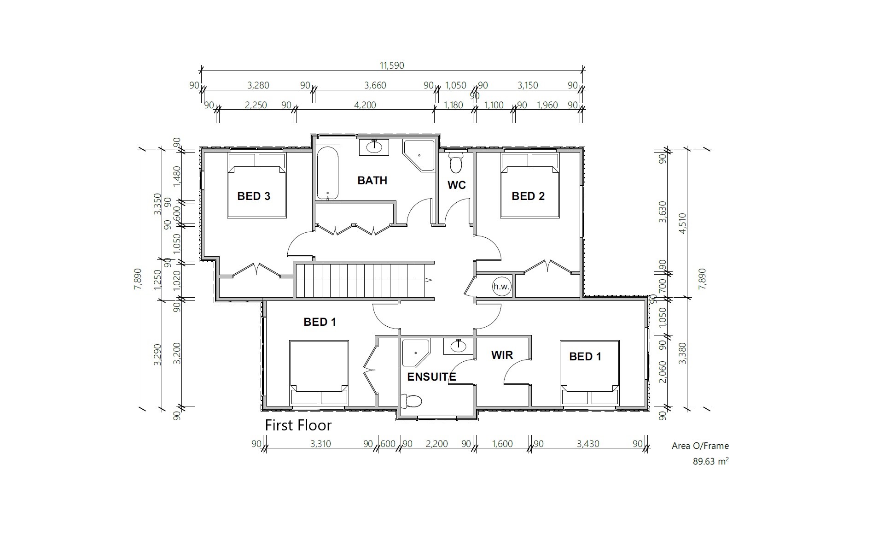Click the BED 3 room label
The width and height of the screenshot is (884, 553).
click(x=254, y=196)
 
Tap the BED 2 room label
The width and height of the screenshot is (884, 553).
click(x=528, y=196)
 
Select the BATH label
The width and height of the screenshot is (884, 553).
click(x=372, y=181)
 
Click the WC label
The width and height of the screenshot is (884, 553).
click(x=457, y=185)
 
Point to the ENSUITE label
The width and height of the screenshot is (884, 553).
click(x=432, y=377)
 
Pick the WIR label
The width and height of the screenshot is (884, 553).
click(x=502, y=355)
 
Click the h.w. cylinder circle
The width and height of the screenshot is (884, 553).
click(x=502, y=287)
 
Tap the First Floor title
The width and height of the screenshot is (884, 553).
click(x=298, y=425)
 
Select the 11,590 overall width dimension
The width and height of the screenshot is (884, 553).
click(x=392, y=65)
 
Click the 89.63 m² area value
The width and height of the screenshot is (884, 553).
click(x=711, y=461)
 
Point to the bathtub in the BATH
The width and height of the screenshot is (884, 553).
click(x=327, y=173)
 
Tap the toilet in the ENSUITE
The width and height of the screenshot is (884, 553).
click(x=411, y=401)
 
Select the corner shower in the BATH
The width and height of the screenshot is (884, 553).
click(x=419, y=156)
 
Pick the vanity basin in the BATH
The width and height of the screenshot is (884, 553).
click(x=374, y=147)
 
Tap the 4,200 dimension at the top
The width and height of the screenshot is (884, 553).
click(x=365, y=105)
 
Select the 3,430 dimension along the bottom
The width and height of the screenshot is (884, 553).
click(x=588, y=444)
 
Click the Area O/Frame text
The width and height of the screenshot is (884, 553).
click(x=700, y=446)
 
